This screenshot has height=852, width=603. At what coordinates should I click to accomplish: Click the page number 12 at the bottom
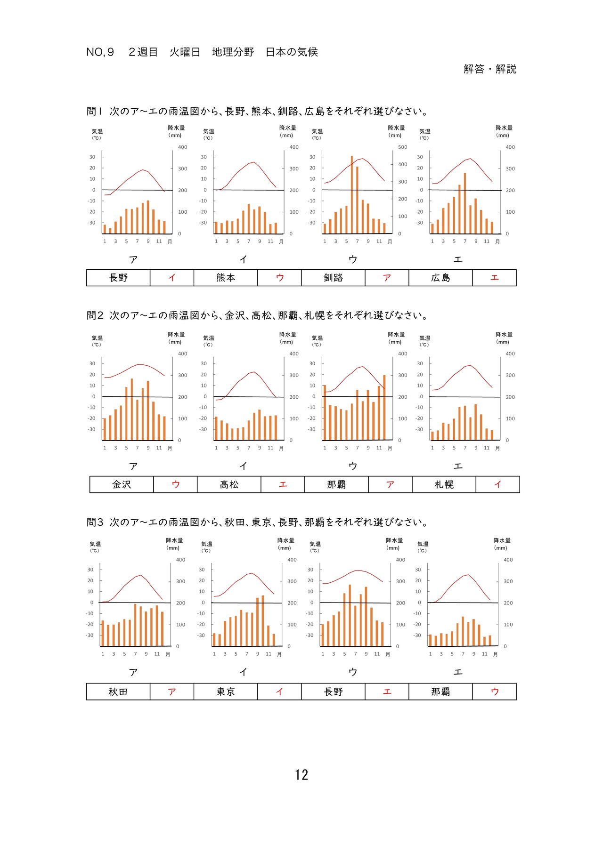point(301,775)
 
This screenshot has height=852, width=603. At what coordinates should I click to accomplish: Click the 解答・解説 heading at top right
point(490,69)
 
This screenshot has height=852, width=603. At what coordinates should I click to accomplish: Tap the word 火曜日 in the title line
point(185,52)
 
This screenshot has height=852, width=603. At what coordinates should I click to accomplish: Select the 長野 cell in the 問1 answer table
point(118,278)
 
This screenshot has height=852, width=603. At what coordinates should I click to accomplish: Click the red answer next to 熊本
point(280,278)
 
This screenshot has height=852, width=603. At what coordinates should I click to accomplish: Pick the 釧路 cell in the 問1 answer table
point(334,278)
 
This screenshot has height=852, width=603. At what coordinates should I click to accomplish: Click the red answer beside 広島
point(495,278)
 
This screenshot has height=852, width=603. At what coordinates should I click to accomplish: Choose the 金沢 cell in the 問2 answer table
point(122,484)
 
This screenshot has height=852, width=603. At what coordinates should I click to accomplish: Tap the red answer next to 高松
point(283,484)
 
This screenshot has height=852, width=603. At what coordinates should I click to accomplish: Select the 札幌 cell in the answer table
point(444,484)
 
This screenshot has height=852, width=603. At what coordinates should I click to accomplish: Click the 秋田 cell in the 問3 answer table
point(118,691)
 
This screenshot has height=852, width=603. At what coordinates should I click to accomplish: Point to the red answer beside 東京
point(280,691)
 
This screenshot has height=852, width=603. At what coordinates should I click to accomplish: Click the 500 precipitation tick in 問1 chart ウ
point(403,147)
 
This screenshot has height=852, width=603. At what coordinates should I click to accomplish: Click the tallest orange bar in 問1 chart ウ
point(352,194)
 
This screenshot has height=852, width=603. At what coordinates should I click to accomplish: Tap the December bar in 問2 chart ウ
point(384,408)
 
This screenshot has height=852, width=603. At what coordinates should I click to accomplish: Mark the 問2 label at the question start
point(95,315)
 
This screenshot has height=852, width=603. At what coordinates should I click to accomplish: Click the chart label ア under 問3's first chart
point(133,672)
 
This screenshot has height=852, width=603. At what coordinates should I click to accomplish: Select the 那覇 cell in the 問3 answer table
point(440,691)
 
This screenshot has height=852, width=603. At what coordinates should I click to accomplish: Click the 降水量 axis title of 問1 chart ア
point(176,128)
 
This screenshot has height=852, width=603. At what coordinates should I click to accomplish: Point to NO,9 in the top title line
point(100,52)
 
